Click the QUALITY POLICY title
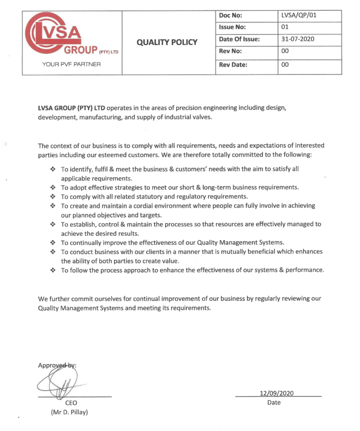pos(167,42)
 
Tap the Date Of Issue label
pos(239,39)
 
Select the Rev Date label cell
pos(233,65)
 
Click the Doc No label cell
pos(230,15)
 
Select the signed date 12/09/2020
pos(277,393)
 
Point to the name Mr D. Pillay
pos(69,412)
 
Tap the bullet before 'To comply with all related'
pos(53,197)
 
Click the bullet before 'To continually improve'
pos(53,242)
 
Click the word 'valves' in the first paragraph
pos(202,117)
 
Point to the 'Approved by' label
pos(57,365)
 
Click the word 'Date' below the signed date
pos(274,402)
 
